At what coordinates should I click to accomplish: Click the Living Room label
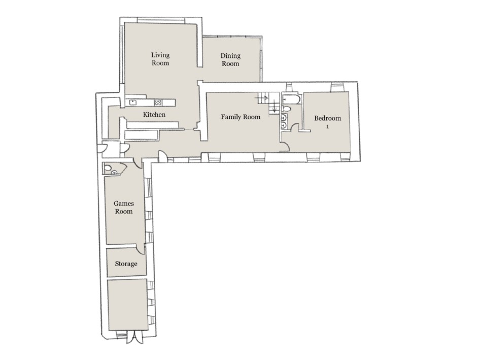(x=160, y=59)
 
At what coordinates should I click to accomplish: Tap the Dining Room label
(x=230, y=60)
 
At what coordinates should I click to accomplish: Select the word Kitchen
(x=154, y=115)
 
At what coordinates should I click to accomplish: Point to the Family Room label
(x=240, y=117)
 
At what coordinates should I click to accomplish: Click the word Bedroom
(x=328, y=118)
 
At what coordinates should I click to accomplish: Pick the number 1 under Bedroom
(x=328, y=127)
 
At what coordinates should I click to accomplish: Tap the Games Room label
(x=123, y=207)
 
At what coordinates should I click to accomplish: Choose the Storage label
(x=126, y=264)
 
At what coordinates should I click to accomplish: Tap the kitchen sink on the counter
(x=133, y=102)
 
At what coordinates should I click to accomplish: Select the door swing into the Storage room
(x=142, y=247)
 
